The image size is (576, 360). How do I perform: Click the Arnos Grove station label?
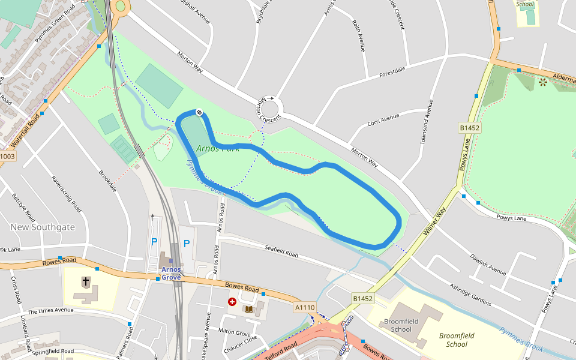pyautogui.click(x=171, y=273)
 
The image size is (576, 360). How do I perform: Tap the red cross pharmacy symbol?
pyautogui.click(x=232, y=302)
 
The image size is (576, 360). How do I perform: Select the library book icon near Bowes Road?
pyautogui.click(x=248, y=309)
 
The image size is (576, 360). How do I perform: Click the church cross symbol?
pyautogui.click(x=86, y=281)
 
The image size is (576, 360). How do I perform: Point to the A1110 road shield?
pyautogui.click(x=304, y=307)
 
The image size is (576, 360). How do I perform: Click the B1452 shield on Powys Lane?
pyautogui.click(x=470, y=128)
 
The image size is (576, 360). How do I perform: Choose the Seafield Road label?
pyautogui.click(x=281, y=251)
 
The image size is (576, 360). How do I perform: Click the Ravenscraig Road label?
pyautogui.click(x=66, y=194)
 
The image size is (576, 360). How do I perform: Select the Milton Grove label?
pyautogui.click(x=235, y=331)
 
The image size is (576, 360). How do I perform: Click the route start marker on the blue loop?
pyautogui.click(x=199, y=112)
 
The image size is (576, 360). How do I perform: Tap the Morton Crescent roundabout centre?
pyautogui.click(x=269, y=109)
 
